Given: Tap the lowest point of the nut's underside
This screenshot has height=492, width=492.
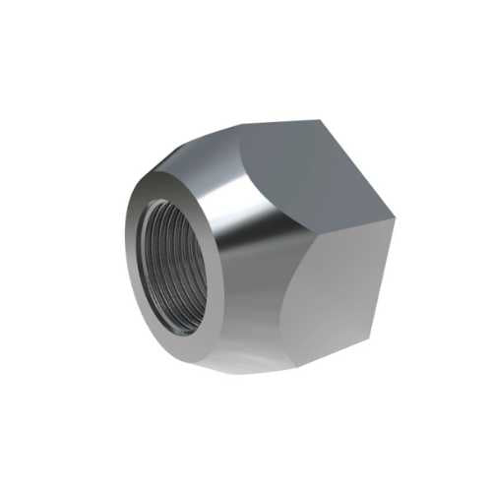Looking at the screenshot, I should pyautogui.click(x=236, y=373).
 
